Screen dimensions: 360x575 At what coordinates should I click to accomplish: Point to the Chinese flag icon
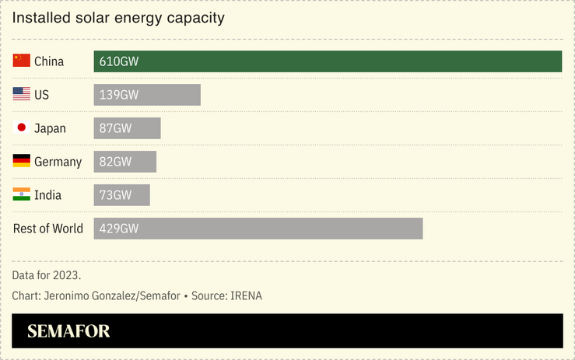(x=22, y=61)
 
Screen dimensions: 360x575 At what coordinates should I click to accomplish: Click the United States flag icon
(x=22, y=94)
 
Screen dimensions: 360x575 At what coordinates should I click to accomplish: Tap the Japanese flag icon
(x=22, y=128)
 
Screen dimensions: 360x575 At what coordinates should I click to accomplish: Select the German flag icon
(x=22, y=161)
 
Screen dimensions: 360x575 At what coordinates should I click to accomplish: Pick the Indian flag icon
(x=22, y=194)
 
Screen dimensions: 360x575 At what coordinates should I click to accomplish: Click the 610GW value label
(x=119, y=61)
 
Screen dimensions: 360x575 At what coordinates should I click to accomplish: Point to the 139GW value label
(x=119, y=95)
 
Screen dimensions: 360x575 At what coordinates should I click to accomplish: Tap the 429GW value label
(x=119, y=229)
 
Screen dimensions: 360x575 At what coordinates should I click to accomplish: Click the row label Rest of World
(x=48, y=229)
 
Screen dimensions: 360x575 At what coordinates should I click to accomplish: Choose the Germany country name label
(x=58, y=162)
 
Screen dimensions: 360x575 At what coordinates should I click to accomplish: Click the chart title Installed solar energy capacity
(x=118, y=17)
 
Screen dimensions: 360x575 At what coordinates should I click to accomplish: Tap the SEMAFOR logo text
(x=68, y=331)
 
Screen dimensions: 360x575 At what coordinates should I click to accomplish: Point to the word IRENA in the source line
(x=247, y=296)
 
